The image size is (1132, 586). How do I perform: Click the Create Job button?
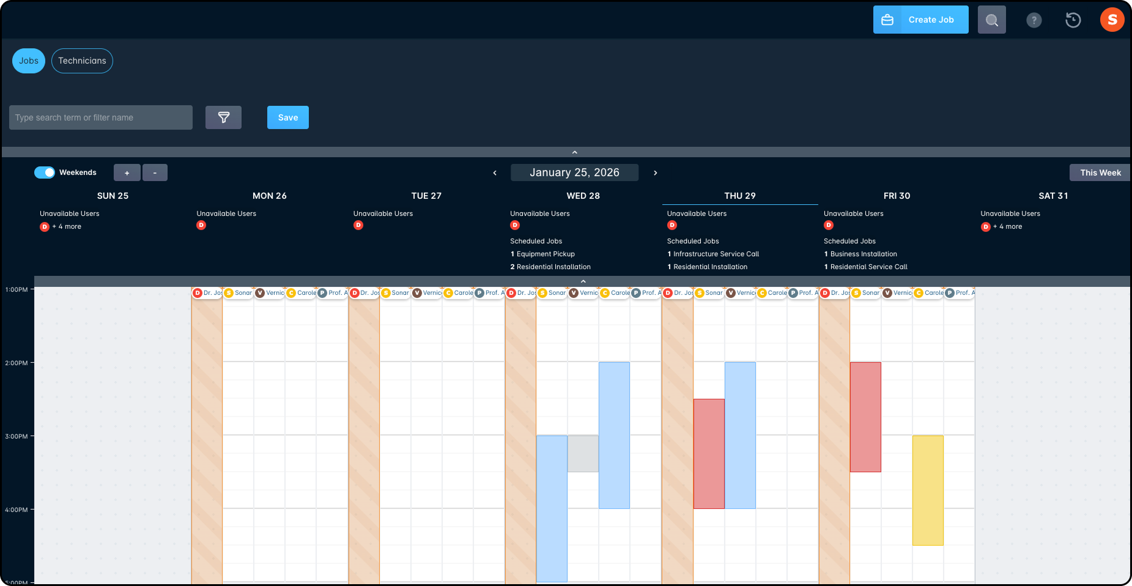click(x=920, y=20)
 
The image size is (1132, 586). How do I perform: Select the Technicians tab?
click(x=82, y=61)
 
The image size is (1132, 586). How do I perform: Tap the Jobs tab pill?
click(x=29, y=61)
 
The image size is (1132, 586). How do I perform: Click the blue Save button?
click(x=287, y=117)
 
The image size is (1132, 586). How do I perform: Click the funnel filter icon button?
click(x=223, y=117)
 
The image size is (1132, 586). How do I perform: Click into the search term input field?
click(x=101, y=117)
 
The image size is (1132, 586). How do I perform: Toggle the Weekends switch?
click(x=45, y=172)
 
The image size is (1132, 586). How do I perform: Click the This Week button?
click(x=1100, y=172)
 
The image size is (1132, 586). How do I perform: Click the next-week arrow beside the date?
click(x=655, y=173)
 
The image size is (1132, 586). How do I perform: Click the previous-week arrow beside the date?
click(x=495, y=173)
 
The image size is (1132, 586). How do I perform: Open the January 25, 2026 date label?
click(x=574, y=172)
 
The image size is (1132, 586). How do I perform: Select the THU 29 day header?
click(x=739, y=196)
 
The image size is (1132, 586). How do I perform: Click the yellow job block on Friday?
click(x=928, y=490)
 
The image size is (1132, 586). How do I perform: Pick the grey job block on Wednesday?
click(x=583, y=453)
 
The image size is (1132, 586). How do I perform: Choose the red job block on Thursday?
click(x=709, y=453)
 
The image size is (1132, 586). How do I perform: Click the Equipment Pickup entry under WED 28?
click(x=546, y=254)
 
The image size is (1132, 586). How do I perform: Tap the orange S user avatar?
click(x=1112, y=20)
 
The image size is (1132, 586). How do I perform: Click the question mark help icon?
click(x=1034, y=20)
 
